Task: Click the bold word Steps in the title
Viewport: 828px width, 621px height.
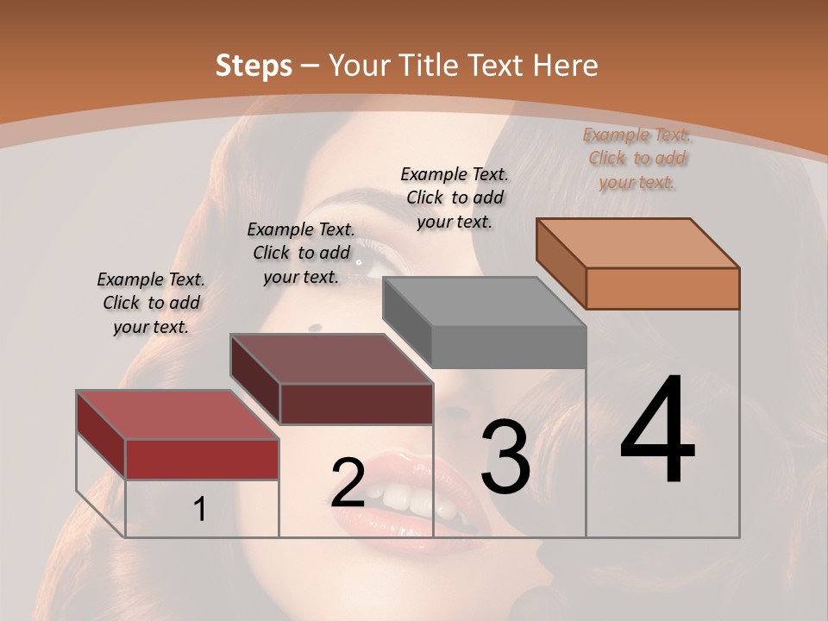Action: (254, 66)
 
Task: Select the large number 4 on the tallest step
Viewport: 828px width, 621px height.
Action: (657, 431)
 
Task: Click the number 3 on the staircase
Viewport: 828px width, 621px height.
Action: (505, 456)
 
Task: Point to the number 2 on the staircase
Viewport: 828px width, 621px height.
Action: (348, 483)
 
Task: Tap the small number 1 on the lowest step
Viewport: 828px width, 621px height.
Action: (200, 510)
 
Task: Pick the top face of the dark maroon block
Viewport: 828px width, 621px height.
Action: (332, 359)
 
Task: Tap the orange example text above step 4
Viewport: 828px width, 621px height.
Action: (637, 158)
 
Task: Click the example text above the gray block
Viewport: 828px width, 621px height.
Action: (455, 198)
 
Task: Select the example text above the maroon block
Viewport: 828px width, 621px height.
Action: (301, 253)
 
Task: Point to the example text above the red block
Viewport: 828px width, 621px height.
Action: (151, 303)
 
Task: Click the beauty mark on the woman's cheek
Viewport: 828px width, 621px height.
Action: (315, 327)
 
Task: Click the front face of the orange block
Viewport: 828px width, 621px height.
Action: (662, 288)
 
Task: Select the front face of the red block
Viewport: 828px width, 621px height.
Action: (202, 459)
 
